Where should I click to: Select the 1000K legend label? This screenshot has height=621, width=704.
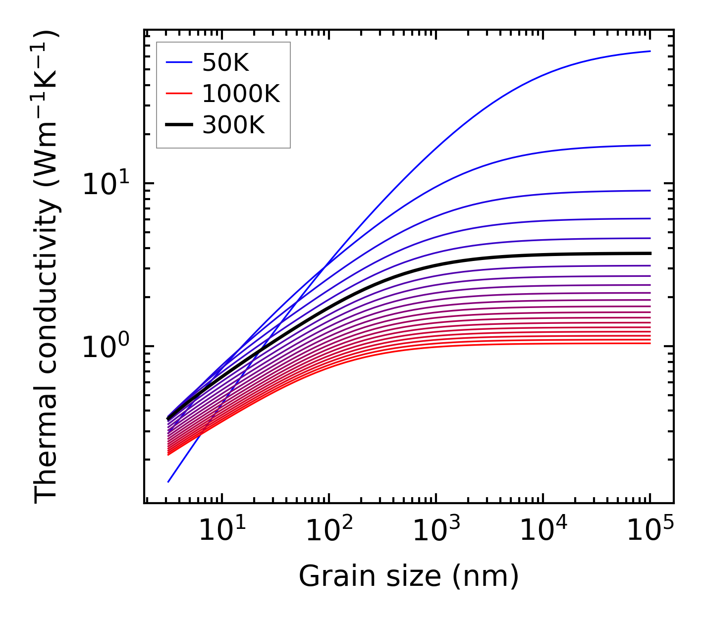point(241,94)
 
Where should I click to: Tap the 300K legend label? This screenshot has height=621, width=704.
point(233,125)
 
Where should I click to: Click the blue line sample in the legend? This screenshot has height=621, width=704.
point(178,62)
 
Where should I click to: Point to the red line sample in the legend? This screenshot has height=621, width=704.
point(178,94)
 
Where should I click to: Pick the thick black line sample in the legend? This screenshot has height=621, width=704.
point(178,125)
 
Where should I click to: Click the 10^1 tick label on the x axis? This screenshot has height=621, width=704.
point(221,532)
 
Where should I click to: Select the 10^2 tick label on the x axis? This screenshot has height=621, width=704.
point(328,532)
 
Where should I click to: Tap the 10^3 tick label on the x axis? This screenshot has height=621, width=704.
point(435,532)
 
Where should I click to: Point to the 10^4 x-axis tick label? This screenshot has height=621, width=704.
point(543,532)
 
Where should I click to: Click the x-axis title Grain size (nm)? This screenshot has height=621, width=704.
point(409,576)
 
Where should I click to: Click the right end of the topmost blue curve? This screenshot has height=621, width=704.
point(650,51)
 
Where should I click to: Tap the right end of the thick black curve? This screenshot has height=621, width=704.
point(650,253)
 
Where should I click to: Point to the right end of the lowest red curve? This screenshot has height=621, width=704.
point(650,343)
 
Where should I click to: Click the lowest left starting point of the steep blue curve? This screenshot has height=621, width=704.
point(168,482)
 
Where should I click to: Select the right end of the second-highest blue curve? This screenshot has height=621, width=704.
point(650,145)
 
